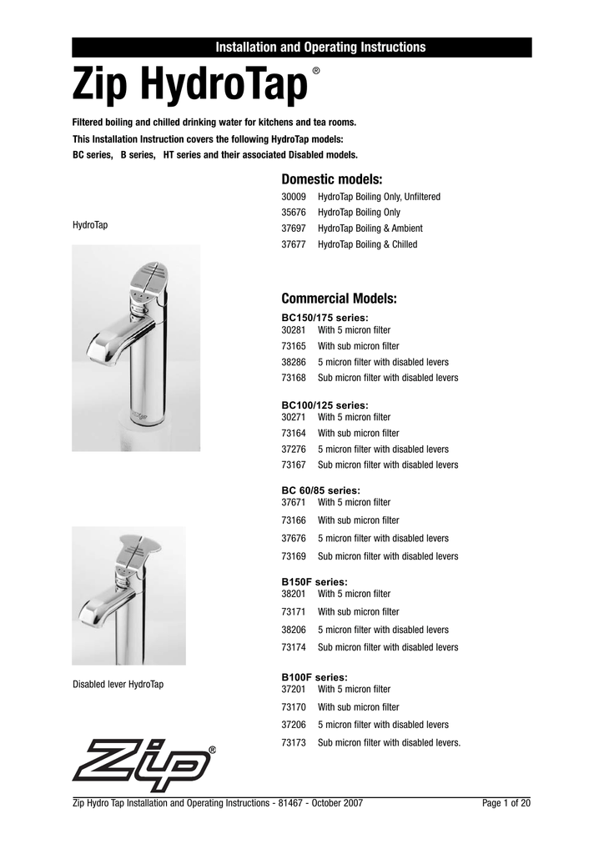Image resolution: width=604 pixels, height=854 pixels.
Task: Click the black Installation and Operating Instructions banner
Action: [x=301, y=47]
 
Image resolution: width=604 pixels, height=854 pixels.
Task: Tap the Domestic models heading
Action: [x=331, y=178]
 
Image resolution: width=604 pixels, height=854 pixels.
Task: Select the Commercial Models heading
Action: [x=339, y=299]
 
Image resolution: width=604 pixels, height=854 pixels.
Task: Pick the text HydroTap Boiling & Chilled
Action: [x=367, y=244]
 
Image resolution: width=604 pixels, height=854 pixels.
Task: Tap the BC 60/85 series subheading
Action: [x=321, y=490]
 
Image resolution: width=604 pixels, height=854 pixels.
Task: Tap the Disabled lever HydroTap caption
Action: [x=118, y=685]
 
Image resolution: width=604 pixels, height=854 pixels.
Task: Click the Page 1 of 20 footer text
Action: [x=506, y=803]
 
